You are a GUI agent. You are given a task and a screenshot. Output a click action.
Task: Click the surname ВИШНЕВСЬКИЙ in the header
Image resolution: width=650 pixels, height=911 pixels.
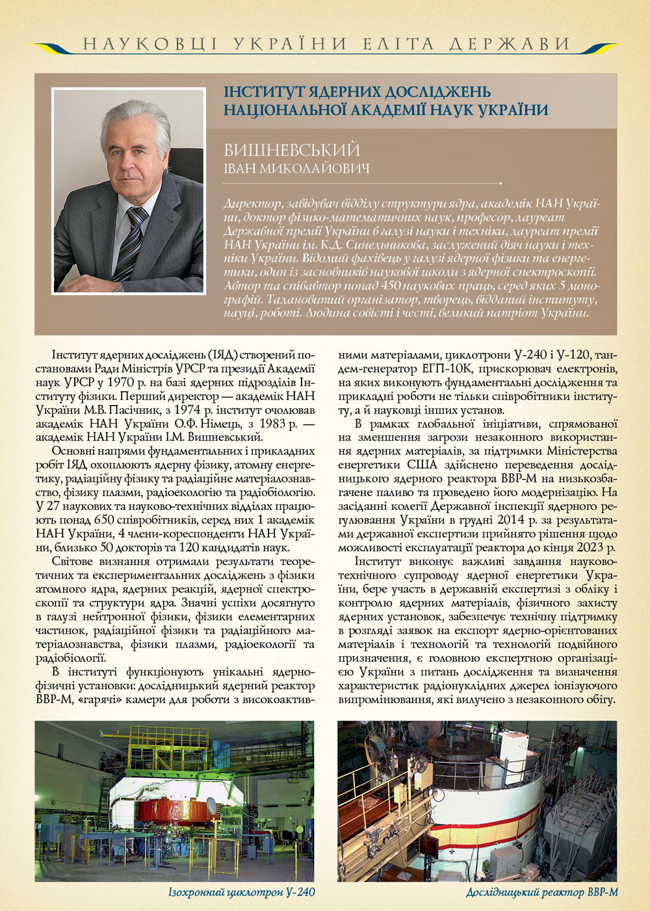(x=292, y=150)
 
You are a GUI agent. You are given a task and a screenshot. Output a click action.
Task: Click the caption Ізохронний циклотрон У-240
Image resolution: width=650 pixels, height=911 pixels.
(x=241, y=892)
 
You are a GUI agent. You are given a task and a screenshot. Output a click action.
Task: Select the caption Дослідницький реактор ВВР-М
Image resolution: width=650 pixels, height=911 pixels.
(x=541, y=892)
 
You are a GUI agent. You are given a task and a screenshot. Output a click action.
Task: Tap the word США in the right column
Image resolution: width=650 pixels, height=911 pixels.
(x=422, y=464)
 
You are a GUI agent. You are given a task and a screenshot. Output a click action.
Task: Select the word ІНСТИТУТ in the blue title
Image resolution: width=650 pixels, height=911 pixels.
(x=263, y=92)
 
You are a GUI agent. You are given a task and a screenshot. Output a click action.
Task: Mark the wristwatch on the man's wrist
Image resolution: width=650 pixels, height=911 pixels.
(x=117, y=285)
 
